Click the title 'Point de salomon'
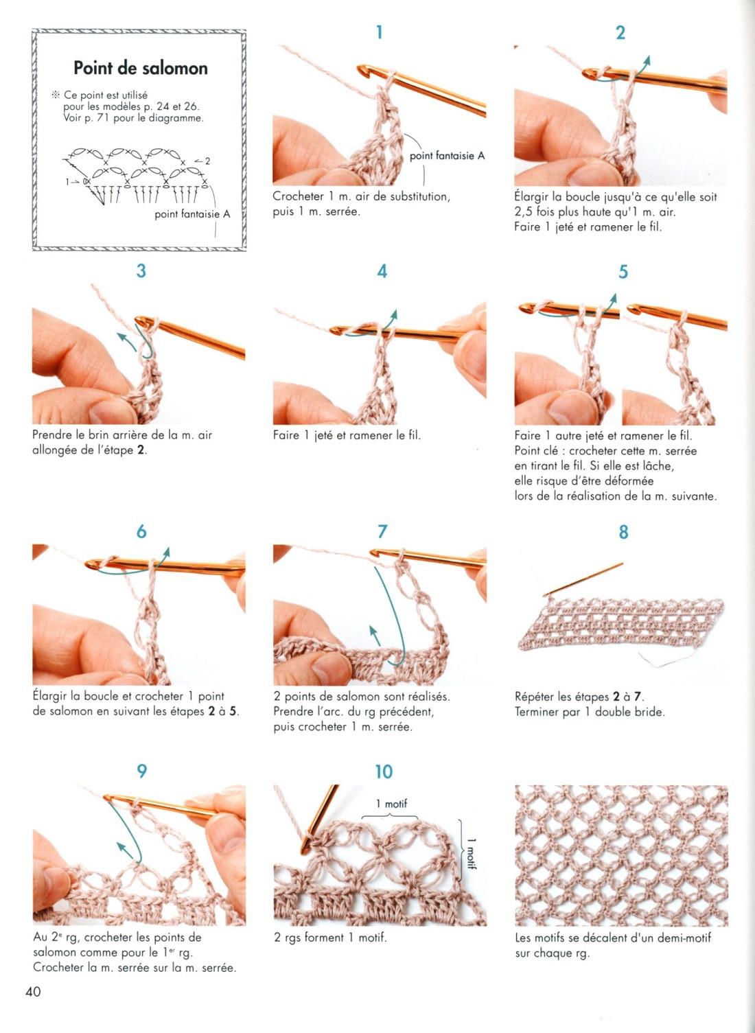pyautogui.click(x=141, y=68)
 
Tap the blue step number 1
pyautogui.click(x=380, y=32)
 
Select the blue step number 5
pyautogui.click(x=623, y=272)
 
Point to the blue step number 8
pyautogui.click(x=623, y=532)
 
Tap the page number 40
pyautogui.click(x=33, y=992)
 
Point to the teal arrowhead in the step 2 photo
pyautogui.click(x=647, y=60)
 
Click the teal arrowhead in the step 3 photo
pyautogui.click(x=121, y=336)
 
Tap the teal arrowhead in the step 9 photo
pyautogui.click(x=121, y=846)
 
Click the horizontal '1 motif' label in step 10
pyautogui.click(x=391, y=804)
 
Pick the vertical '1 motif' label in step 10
pyautogui.click(x=472, y=854)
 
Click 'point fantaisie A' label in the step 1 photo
pyautogui.click(x=447, y=156)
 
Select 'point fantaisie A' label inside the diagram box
pyautogui.click(x=192, y=214)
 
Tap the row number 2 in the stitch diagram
pyautogui.click(x=207, y=161)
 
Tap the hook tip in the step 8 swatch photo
pyautogui.click(x=545, y=596)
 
